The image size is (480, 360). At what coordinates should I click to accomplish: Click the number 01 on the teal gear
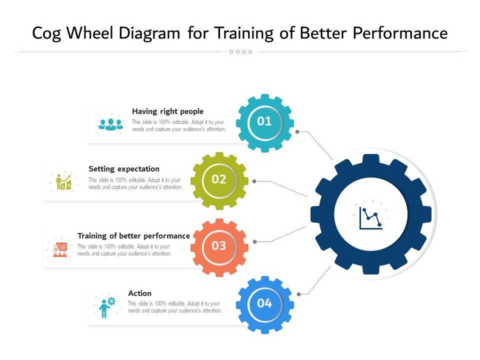(264, 121)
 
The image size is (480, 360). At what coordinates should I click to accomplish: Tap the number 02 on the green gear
(219, 179)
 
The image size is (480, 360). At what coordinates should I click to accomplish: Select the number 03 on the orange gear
(219, 246)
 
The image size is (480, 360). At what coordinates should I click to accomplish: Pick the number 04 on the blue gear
(264, 303)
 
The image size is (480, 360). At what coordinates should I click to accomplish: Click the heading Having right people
(167, 111)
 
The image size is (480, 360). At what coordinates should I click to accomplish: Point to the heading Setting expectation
(124, 169)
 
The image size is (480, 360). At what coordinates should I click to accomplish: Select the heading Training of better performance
(133, 235)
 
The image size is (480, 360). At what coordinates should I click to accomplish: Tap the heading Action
(139, 293)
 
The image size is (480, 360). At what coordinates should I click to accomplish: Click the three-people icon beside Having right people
(110, 123)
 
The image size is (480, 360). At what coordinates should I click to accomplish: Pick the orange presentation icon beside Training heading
(60, 248)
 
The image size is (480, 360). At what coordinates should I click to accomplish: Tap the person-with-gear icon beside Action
(106, 306)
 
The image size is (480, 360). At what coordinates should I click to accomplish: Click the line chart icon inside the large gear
(370, 217)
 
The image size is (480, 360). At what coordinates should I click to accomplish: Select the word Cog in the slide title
(47, 33)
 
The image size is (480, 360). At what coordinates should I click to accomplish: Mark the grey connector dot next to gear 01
(297, 132)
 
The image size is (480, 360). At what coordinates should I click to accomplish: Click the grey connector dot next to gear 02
(254, 181)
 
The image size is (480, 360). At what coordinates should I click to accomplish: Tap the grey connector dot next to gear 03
(254, 241)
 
